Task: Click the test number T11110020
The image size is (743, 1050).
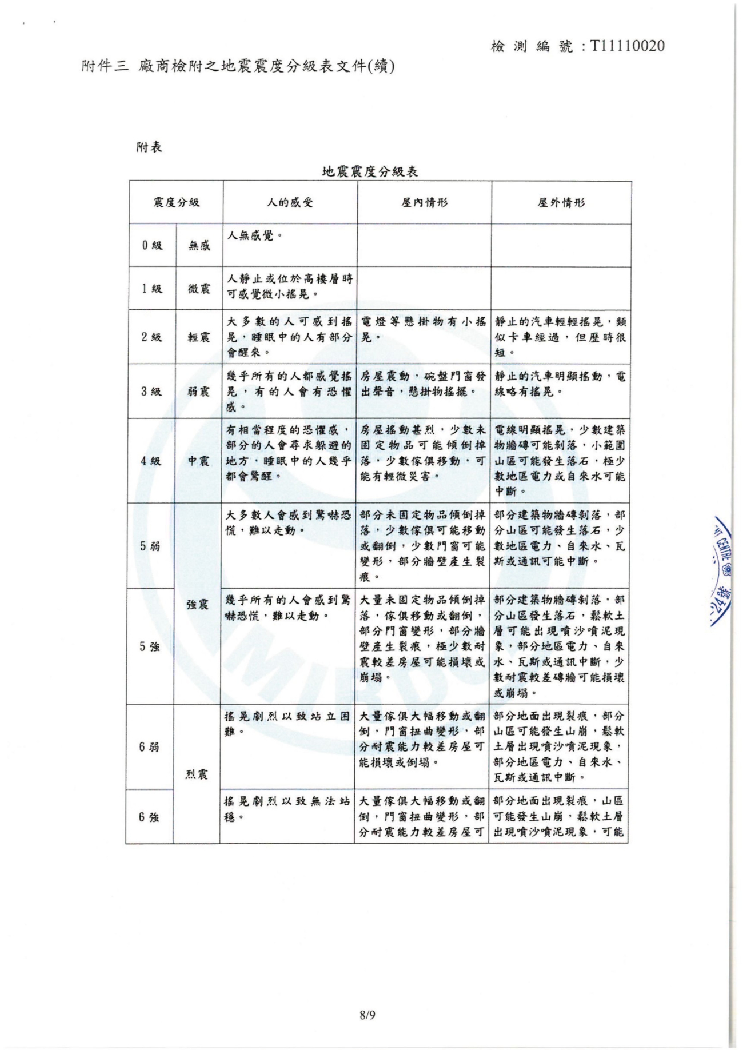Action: [628, 46]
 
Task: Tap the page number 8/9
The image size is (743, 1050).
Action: [367, 1015]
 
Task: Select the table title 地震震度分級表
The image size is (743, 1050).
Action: [370, 171]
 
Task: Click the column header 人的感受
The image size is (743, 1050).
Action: [290, 202]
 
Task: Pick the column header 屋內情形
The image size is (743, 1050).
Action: [424, 202]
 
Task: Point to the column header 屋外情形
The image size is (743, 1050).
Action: [561, 202]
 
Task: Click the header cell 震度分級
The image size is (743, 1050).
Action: [176, 202]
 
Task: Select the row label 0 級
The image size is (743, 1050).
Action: [152, 245]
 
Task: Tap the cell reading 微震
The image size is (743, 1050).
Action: [199, 288]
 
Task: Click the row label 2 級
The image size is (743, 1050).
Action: [152, 337]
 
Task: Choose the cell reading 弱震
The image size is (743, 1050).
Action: [199, 392]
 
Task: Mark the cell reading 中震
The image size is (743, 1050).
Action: [199, 461]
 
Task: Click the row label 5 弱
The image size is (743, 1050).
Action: [150, 546]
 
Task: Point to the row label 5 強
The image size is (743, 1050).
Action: [150, 646]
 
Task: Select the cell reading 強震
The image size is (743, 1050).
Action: [198, 604]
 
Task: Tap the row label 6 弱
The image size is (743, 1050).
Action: [149, 747]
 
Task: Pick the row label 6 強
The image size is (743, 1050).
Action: [149, 817]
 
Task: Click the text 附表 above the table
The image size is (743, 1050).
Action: [149, 147]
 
